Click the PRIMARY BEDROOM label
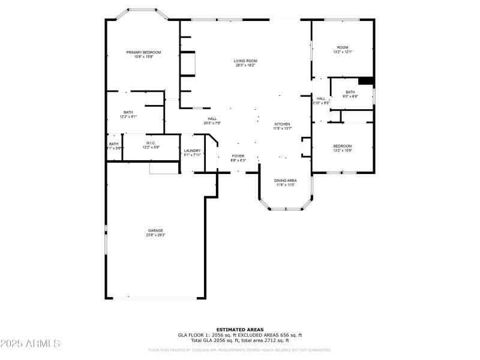pyautogui.click(x=143, y=53)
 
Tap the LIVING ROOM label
pyautogui.click(x=245, y=61)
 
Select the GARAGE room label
pyautogui.click(x=156, y=230)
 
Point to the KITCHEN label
pyautogui.click(x=282, y=124)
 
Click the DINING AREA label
pyautogui.click(x=286, y=180)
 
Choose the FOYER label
pyautogui.click(x=238, y=156)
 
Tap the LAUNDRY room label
pyautogui.click(x=192, y=151)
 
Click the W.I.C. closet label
pyautogui.click(x=151, y=143)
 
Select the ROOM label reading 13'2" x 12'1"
pyautogui.click(x=343, y=47)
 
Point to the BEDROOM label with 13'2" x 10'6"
pyautogui.click(x=343, y=146)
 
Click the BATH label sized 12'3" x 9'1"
pyautogui.click(x=128, y=112)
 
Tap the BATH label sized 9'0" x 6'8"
pyautogui.click(x=350, y=92)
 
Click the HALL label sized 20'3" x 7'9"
pyautogui.click(x=212, y=119)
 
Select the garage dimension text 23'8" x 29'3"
pyautogui.click(x=156, y=235)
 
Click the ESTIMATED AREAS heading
pyautogui.click(x=240, y=329)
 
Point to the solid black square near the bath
pyautogui.click(x=365, y=82)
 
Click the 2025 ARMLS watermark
pyautogui.click(x=30, y=344)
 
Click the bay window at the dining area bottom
pyautogui.click(x=286, y=209)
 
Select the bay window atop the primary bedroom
pyautogui.click(x=143, y=10)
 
